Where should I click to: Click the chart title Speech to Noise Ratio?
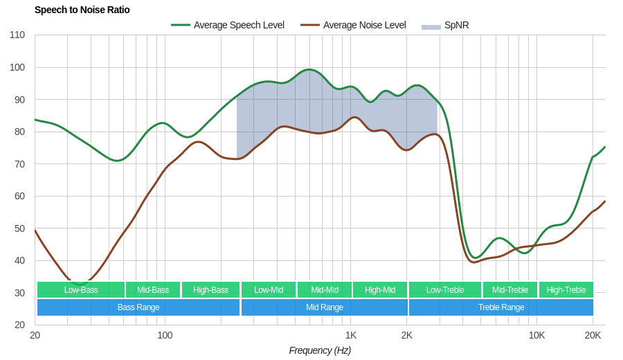pyautogui.click(x=82, y=10)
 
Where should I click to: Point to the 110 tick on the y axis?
pyautogui.click(x=17, y=35)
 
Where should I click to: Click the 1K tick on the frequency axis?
pyautogui.click(x=351, y=335)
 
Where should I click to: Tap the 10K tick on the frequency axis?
pyautogui.click(x=536, y=335)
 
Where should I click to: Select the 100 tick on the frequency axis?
pyautogui.click(x=165, y=335)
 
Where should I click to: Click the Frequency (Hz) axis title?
pyautogui.click(x=320, y=350)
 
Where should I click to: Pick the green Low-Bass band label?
pyautogui.click(x=81, y=289)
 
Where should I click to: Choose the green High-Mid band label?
pyautogui.click(x=380, y=289)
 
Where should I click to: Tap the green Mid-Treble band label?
pyautogui.click(x=510, y=289)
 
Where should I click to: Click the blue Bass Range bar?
pyautogui.click(x=138, y=307)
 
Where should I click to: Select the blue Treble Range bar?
pyautogui.click(x=501, y=307)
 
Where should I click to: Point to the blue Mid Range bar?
pyautogui.click(x=325, y=307)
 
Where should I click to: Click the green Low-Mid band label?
pyautogui.click(x=269, y=289)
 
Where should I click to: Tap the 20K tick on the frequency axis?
pyautogui.click(x=593, y=335)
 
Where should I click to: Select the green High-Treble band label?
pyautogui.click(x=566, y=289)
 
